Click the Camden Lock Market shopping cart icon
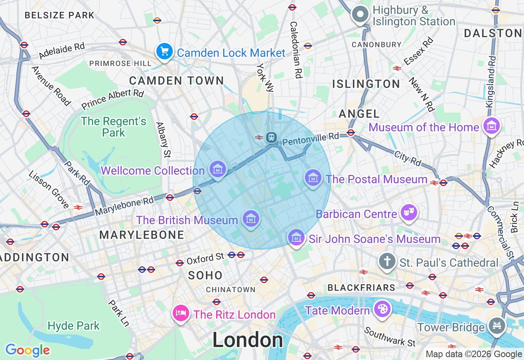coord(165,52)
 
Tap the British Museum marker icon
coord(251,219)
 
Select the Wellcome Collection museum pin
coord(217,169)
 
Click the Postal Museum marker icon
coord(313,178)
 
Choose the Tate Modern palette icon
coord(382,309)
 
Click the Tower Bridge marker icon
coord(497,326)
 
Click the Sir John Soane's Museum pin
coord(296,238)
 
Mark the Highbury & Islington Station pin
coord(360,15)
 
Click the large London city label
coord(247,340)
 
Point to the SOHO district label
coord(206,275)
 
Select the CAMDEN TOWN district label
coord(176,81)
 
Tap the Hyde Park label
coord(74,326)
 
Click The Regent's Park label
coord(113,127)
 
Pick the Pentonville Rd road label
coord(311,139)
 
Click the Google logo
coord(27,350)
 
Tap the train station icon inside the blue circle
coord(271,137)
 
